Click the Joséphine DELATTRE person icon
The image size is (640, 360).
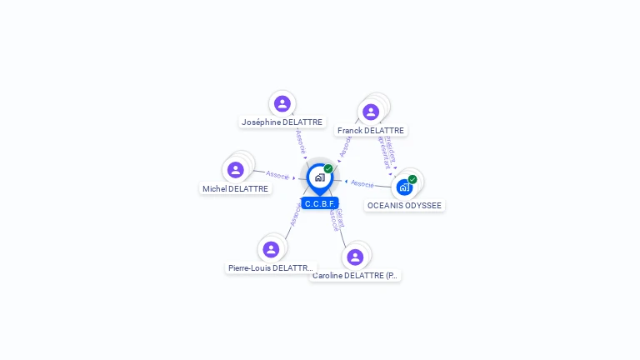pyautogui.click(x=282, y=103)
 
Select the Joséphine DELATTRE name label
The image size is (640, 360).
pyautogui.click(x=282, y=122)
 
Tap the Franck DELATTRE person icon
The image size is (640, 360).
pyautogui.click(x=371, y=112)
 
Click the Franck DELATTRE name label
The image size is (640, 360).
pyautogui.click(x=371, y=131)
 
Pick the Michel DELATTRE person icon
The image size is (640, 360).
pyautogui.click(x=236, y=170)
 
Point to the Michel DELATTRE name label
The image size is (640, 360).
pyautogui.click(x=236, y=189)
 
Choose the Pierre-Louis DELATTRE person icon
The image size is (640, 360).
pyautogui.click(x=271, y=249)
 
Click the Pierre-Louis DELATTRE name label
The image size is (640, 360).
pyautogui.click(x=271, y=268)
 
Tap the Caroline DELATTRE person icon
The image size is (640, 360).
pyautogui.click(x=355, y=257)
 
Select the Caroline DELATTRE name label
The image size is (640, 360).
pyautogui.click(x=355, y=276)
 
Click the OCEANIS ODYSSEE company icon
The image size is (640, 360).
pyautogui.click(x=404, y=187)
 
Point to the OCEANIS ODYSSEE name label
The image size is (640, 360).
pyautogui.click(x=405, y=206)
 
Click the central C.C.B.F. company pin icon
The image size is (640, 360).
pyautogui.click(x=319, y=177)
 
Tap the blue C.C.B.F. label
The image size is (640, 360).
pyautogui.click(x=320, y=203)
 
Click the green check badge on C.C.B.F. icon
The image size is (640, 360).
pyautogui.click(x=328, y=169)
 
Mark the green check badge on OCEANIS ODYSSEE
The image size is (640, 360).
pyautogui.click(x=412, y=179)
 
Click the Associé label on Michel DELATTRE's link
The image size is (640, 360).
pyautogui.click(x=277, y=175)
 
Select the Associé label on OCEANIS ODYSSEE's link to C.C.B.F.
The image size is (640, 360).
pyautogui.click(x=362, y=183)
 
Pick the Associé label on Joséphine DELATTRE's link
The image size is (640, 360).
pyautogui.click(x=301, y=142)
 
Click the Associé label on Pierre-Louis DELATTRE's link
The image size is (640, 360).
pyautogui.click(x=295, y=214)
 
